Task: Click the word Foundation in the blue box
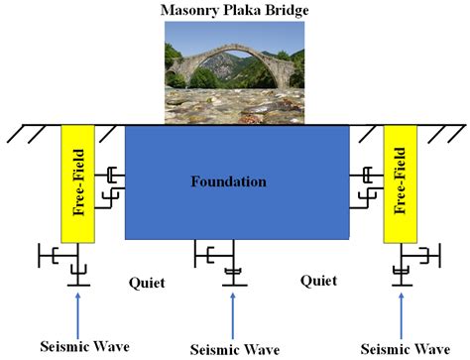[x=229, y=182]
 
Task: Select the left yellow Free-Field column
[x=77, y=183]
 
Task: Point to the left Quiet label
[x=145, y=281]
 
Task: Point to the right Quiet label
[x=317, y=281]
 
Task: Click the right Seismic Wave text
[x=403, y=347]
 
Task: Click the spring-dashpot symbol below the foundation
[x=234, y=266]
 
